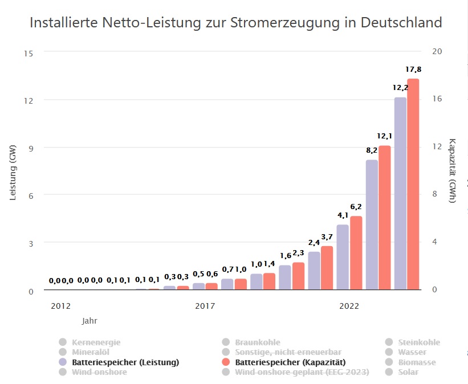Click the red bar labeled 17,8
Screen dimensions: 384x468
point(413,184)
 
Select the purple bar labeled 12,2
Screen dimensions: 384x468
point(400,194)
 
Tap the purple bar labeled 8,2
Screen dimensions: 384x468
point(372,224)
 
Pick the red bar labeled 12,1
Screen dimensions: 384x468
point(385,218)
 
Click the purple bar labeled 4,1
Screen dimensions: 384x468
point(343,257)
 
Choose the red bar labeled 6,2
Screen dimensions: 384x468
point(356,253)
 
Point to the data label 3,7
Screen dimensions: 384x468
point(327,236)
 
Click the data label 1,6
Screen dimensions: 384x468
point(286,255)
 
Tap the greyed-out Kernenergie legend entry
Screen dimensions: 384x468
point(96,342)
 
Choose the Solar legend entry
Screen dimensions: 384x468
point(408,372)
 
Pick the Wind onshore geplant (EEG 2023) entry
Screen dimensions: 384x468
point(302,372)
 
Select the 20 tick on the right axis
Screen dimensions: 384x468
point(437,52)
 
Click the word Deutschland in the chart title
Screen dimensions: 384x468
point(402,23)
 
